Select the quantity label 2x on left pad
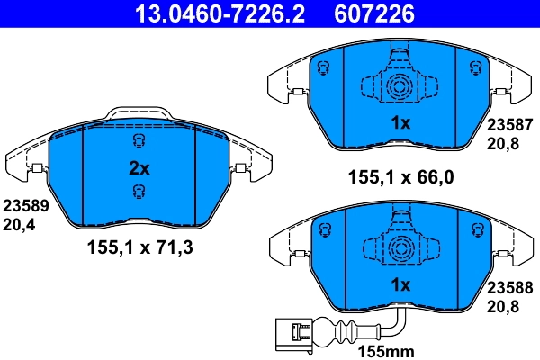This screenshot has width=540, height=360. (x=139, y=167)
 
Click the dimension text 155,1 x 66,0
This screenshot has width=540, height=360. (x=401, y=177)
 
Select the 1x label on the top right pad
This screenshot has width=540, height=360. (x=400, y=123)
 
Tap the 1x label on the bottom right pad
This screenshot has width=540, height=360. (x=400, y=285)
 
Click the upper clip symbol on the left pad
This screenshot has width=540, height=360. (x=139, y=140)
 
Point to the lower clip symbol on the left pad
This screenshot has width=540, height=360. (x=139, y=190)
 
